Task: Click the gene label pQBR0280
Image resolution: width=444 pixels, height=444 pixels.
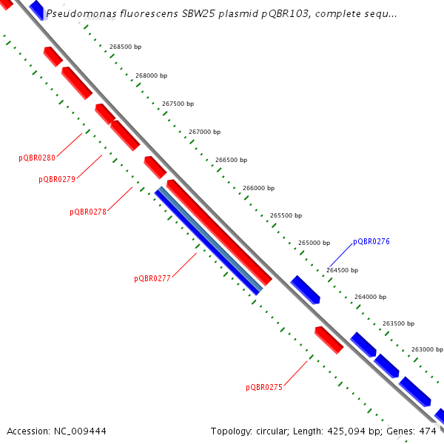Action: pyautogui.click(x=37, y=158)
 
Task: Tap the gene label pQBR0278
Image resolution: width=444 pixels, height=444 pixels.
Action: pyautogui.click(x=88, y=212)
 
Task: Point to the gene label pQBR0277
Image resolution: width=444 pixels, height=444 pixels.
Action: pyautogui.click(x=152, y=279)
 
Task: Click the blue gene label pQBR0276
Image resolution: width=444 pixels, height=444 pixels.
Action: pyautogui.click(x=371, y=241)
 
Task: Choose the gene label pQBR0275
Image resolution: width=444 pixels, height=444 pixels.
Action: pyautogui.click(x=264, y=387)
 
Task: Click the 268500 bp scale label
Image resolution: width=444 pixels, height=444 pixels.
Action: pyautogui.click(x=125, y=47)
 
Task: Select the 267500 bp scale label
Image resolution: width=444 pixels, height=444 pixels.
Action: pyautogui.click(x=178, y=104)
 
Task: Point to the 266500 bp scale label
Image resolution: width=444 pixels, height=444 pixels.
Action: pyautogui.click(x=231, y=160)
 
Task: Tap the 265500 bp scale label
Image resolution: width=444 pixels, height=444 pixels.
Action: pyautogui.click(x=286, y=215)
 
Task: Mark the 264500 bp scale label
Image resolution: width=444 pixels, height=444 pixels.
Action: pyautogui.click(x=343, y=270)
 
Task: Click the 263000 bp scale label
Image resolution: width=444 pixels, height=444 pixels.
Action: pyautogui.click(x=426, y=349)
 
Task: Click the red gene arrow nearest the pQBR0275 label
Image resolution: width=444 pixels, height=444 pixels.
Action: pyautogui.click(x=329, y=339)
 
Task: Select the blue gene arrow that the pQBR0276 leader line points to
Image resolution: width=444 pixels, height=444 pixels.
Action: pyautogui.click(x=305, y=289)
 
